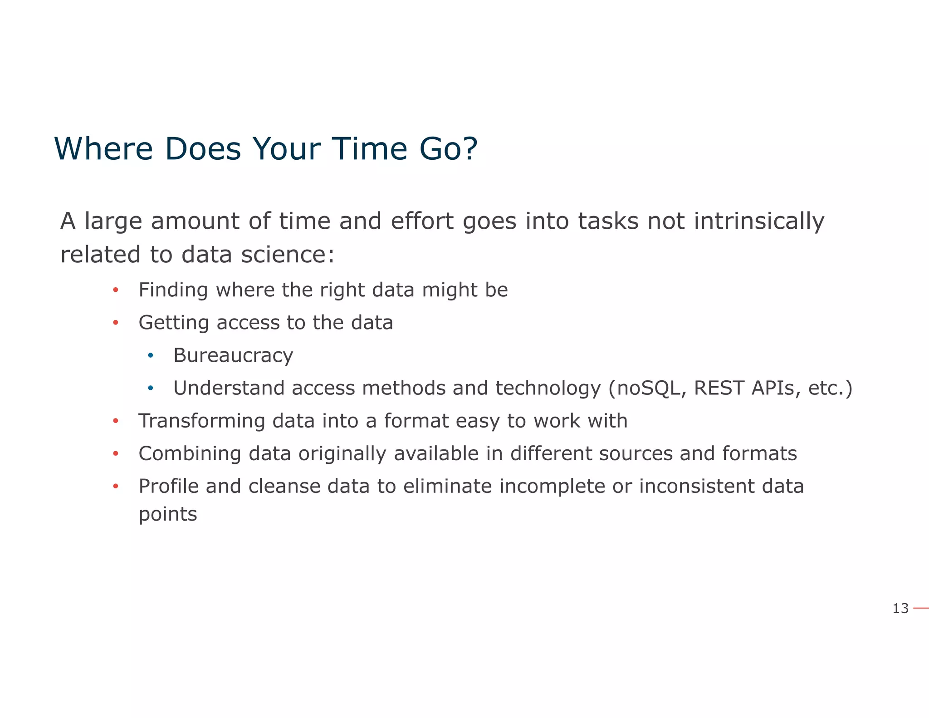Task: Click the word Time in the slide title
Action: pyautogui.click(x=369, y=149)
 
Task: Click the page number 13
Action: pyautogui.click(x=900, y=608)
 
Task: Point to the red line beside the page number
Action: pyautogui.click(x=921, y=608)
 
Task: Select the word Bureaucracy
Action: pyautogui.click(x=233, y=355)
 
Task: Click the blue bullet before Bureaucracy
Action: pyautogui.click(x=151, y=355)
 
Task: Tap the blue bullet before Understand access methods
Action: pyautogui.click(x=151, y=389)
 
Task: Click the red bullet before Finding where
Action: pyautogui.click(x=116, y=290)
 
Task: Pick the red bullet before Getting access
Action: pyautogui.click(x=116, y=323)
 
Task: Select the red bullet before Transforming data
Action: pyautogui.click(x=116, y=421)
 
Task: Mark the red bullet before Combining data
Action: pyautogui.click(x=116, y=454)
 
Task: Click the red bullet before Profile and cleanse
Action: pyautogui.click(x=116, y=487)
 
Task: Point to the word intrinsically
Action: pyautogui.click(x=758, y=221)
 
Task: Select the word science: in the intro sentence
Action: pyautogui.click(x=288, y=254)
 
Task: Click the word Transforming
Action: pyautogui.click(x=202, y=421)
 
